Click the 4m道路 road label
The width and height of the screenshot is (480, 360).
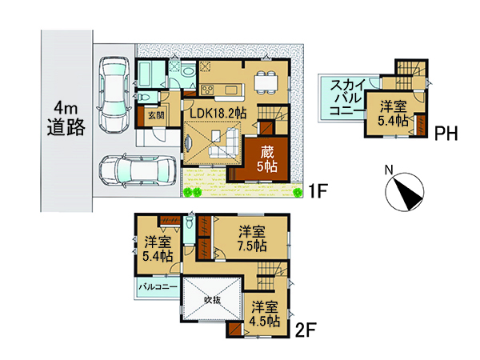pyautogui.click(x=66, y=118)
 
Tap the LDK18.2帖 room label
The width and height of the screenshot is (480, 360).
pyautogui.click(x=218, y=114)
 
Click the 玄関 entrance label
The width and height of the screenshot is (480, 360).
pyautogui.click(x=156, y=116)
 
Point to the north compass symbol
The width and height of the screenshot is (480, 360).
pyautogui.click(x=404, y=190)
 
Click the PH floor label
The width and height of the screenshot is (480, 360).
pyautogui.click(x=446, y=134)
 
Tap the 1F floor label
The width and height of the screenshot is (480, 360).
pyautogui.click(x=318, y=191)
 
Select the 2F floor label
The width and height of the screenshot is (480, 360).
pyautogui.click(x=306, y=330)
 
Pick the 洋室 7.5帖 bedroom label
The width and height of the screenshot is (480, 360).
pyautogui.click(x=252, y=238)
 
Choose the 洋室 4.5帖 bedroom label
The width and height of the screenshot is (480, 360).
pyautogui.click(x=265, y=314)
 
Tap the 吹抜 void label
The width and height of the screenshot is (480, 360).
pyautogui.click(x=212, y=300)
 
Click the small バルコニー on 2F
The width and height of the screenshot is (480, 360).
pyautogui.click(x=158, y=287)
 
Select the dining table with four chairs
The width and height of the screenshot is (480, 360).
pyautogui.click(x=266, y=82)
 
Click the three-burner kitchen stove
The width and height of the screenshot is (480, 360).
pyautogui.click(x=207, y=90)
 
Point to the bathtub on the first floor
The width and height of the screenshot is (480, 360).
pyautogui.click(x=147, y=74)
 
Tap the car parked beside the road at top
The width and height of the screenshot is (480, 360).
pyautogui.click(x=113, y=94)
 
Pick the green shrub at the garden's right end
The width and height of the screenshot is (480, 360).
pyautogui.click(x=296, y=192)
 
